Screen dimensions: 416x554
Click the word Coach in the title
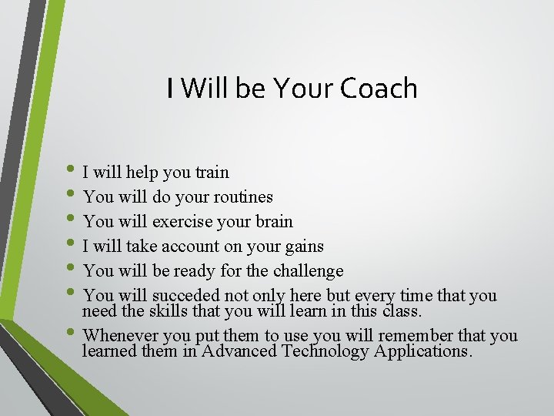(x=378, y=89)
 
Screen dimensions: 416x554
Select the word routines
(x=241, y=197)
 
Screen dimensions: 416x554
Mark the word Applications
(x=422, y=352)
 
